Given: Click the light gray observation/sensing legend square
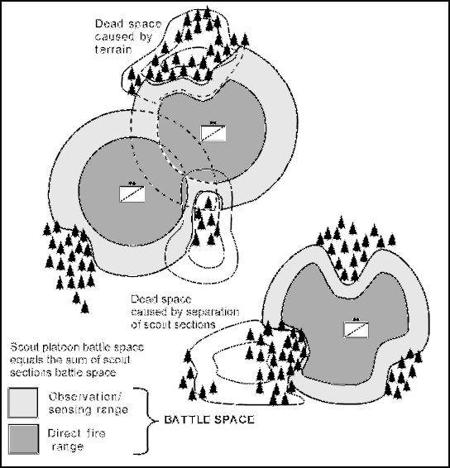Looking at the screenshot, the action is (x=23, y=403).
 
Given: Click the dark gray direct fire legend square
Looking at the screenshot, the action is (x=24, y=439).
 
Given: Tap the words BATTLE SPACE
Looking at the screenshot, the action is (x=209, y=420).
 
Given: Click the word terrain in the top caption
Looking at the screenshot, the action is (x=113, y=50).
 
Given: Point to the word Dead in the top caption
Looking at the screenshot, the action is (x=108, y=24).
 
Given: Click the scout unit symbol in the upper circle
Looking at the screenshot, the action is (x=213, y=133).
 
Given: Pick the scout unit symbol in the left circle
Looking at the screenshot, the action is (x=132, y=193).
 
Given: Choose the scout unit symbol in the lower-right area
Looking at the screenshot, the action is (x=356, y=330).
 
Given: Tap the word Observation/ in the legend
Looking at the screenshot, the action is (x=85, y=397).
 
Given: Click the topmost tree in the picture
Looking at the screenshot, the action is (x=206, y=12).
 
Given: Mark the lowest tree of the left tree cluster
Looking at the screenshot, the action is (x=85, y=307).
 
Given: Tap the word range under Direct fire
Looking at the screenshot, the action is (x=68, y=447).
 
